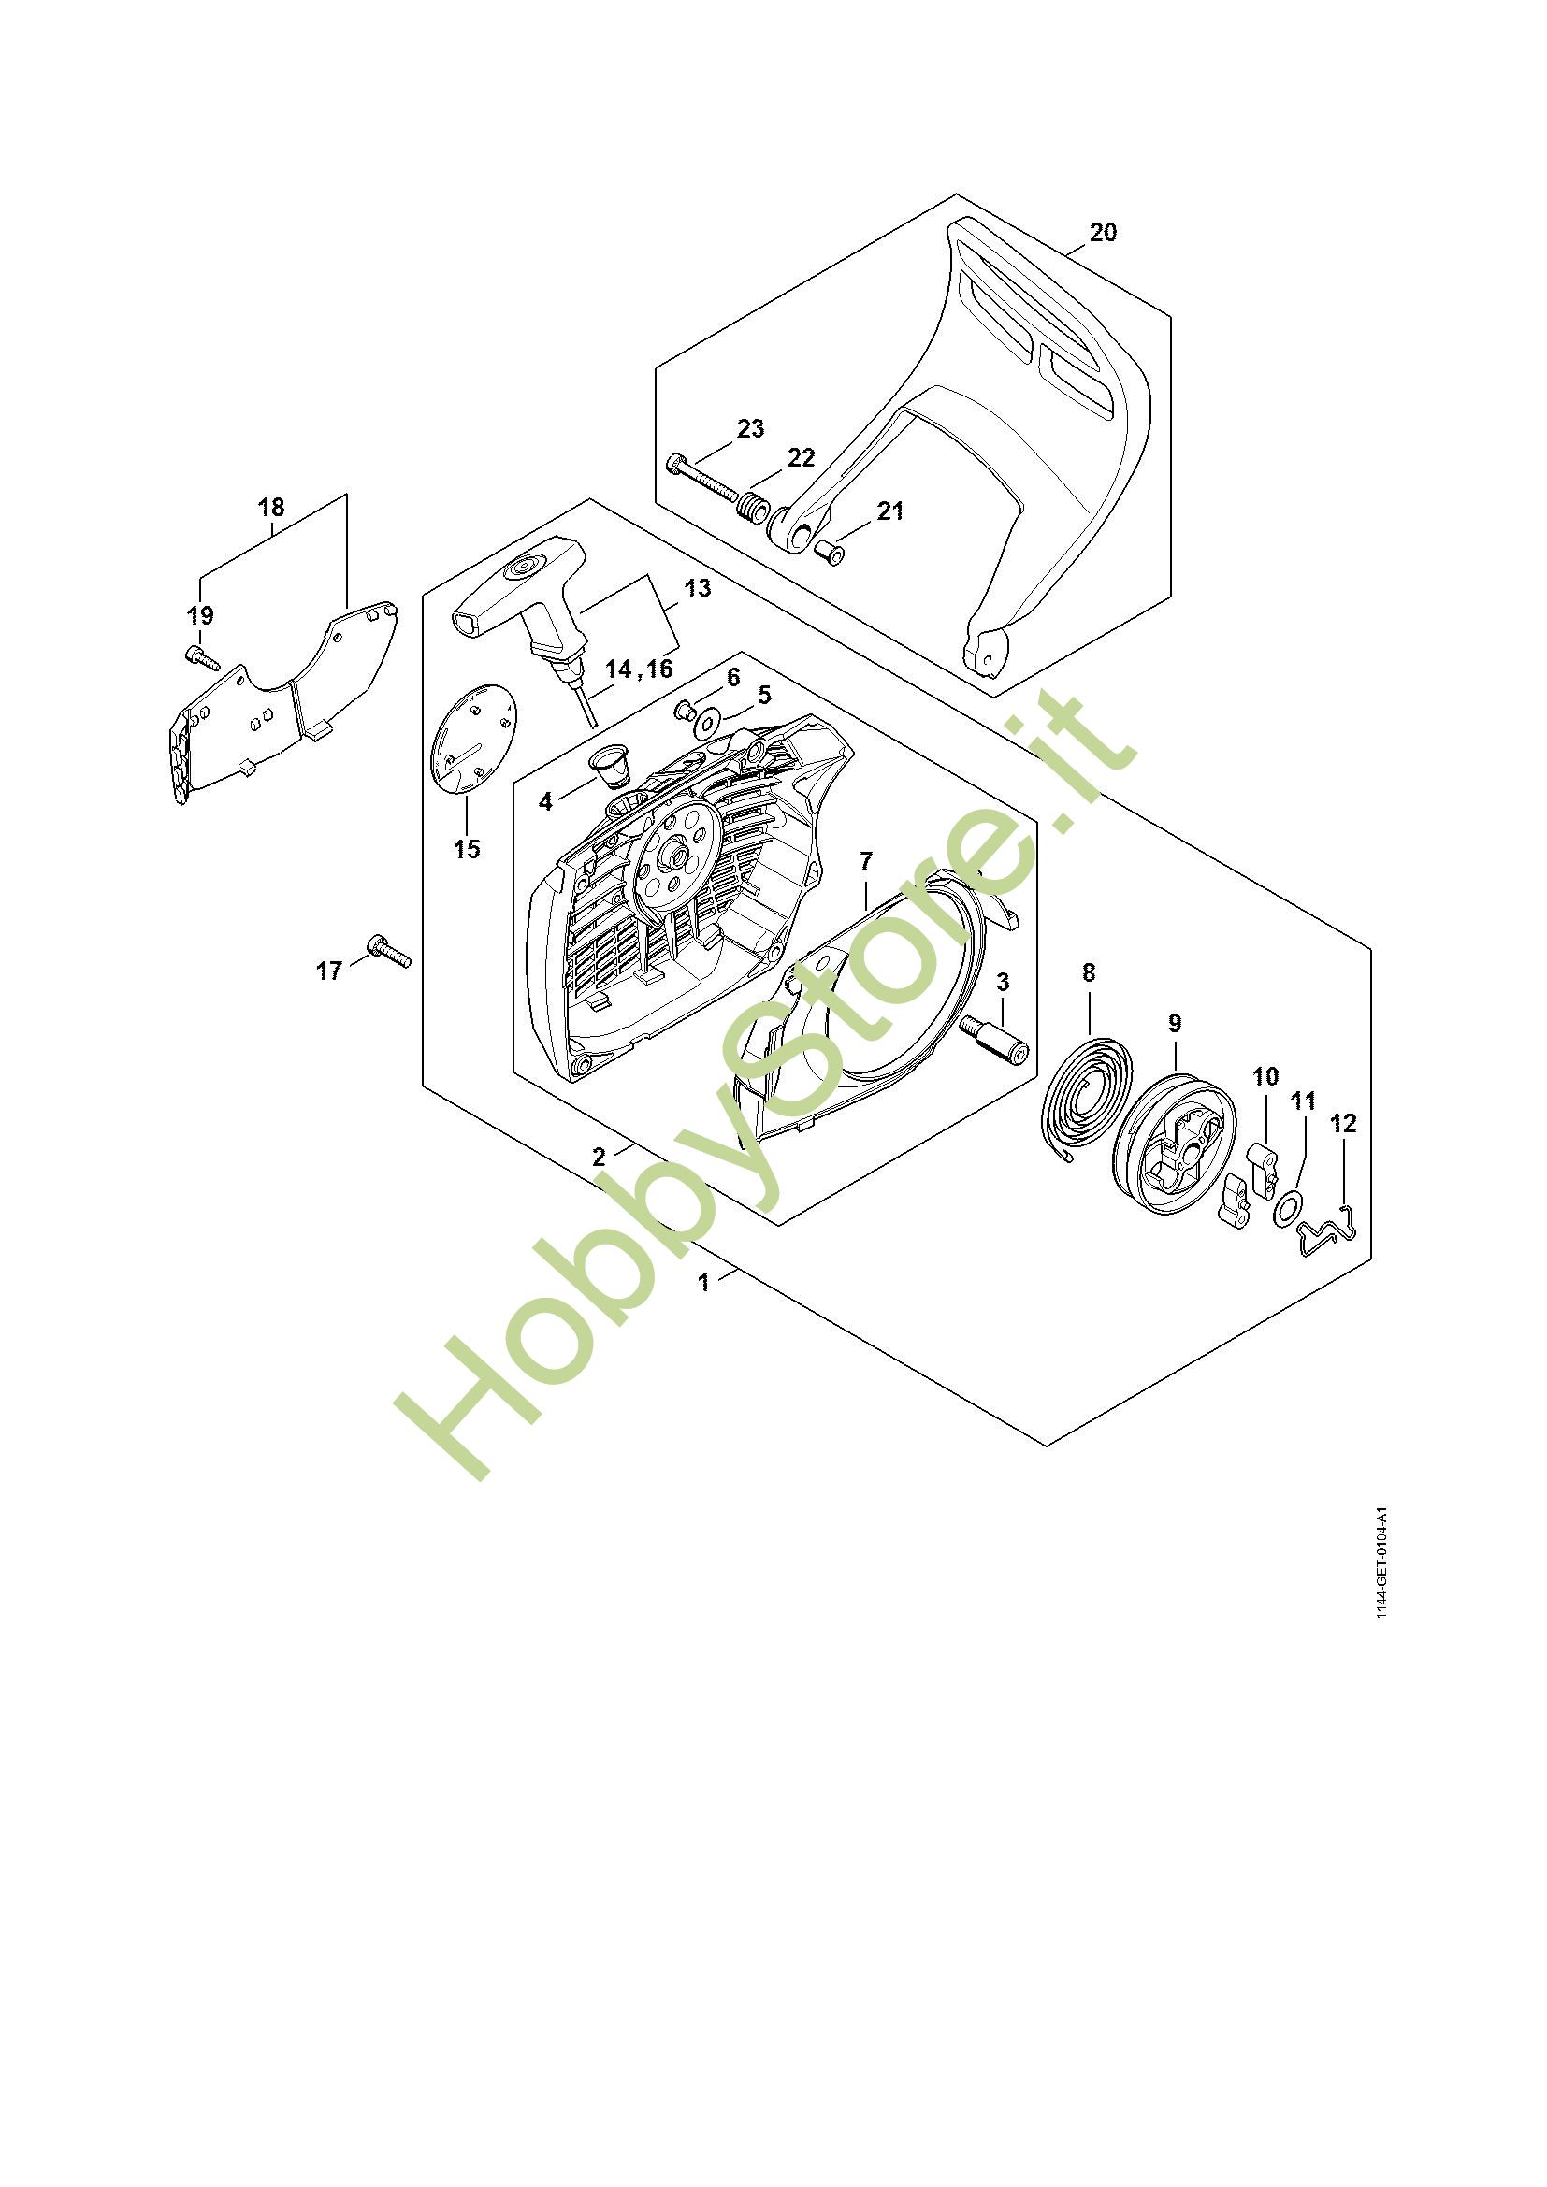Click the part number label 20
(1102, 233)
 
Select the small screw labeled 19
(201, 656)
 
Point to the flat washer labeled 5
(708, 723)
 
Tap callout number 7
(865, 862)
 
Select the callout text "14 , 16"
(638, 669)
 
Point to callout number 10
(1265, 1077)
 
